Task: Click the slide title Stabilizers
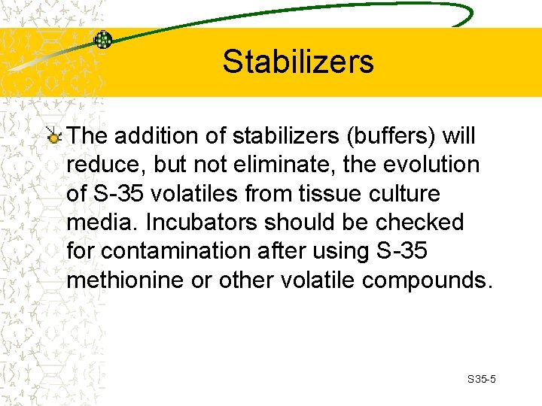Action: click(297, 62)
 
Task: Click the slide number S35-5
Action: click(481, 380)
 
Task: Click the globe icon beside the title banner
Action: click(103, 40)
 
